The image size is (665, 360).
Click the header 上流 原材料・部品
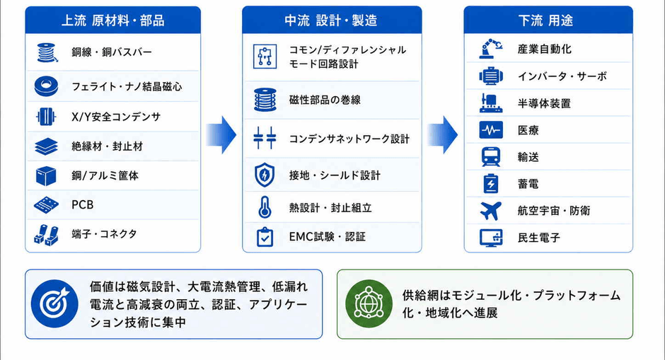112,21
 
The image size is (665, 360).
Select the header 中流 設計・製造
331,21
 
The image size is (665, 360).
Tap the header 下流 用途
545,21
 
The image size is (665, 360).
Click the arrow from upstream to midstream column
221,135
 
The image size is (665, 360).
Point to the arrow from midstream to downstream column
442,135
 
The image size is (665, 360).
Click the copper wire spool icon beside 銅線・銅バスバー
47,53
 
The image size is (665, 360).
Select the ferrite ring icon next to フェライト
46,86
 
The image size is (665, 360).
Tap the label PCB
82,205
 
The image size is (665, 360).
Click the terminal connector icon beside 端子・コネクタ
46,235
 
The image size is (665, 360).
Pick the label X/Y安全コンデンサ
116,117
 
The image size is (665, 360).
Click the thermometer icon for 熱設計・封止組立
265,207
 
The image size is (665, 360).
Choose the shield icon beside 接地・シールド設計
265,175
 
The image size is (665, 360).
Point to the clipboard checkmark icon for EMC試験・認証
265,237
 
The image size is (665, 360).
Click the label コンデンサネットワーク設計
349,139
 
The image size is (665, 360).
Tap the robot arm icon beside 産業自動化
491,48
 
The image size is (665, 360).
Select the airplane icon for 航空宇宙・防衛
491,211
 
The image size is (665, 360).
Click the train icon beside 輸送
491,156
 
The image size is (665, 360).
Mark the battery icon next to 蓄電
491,183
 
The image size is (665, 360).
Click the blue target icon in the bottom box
54,303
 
